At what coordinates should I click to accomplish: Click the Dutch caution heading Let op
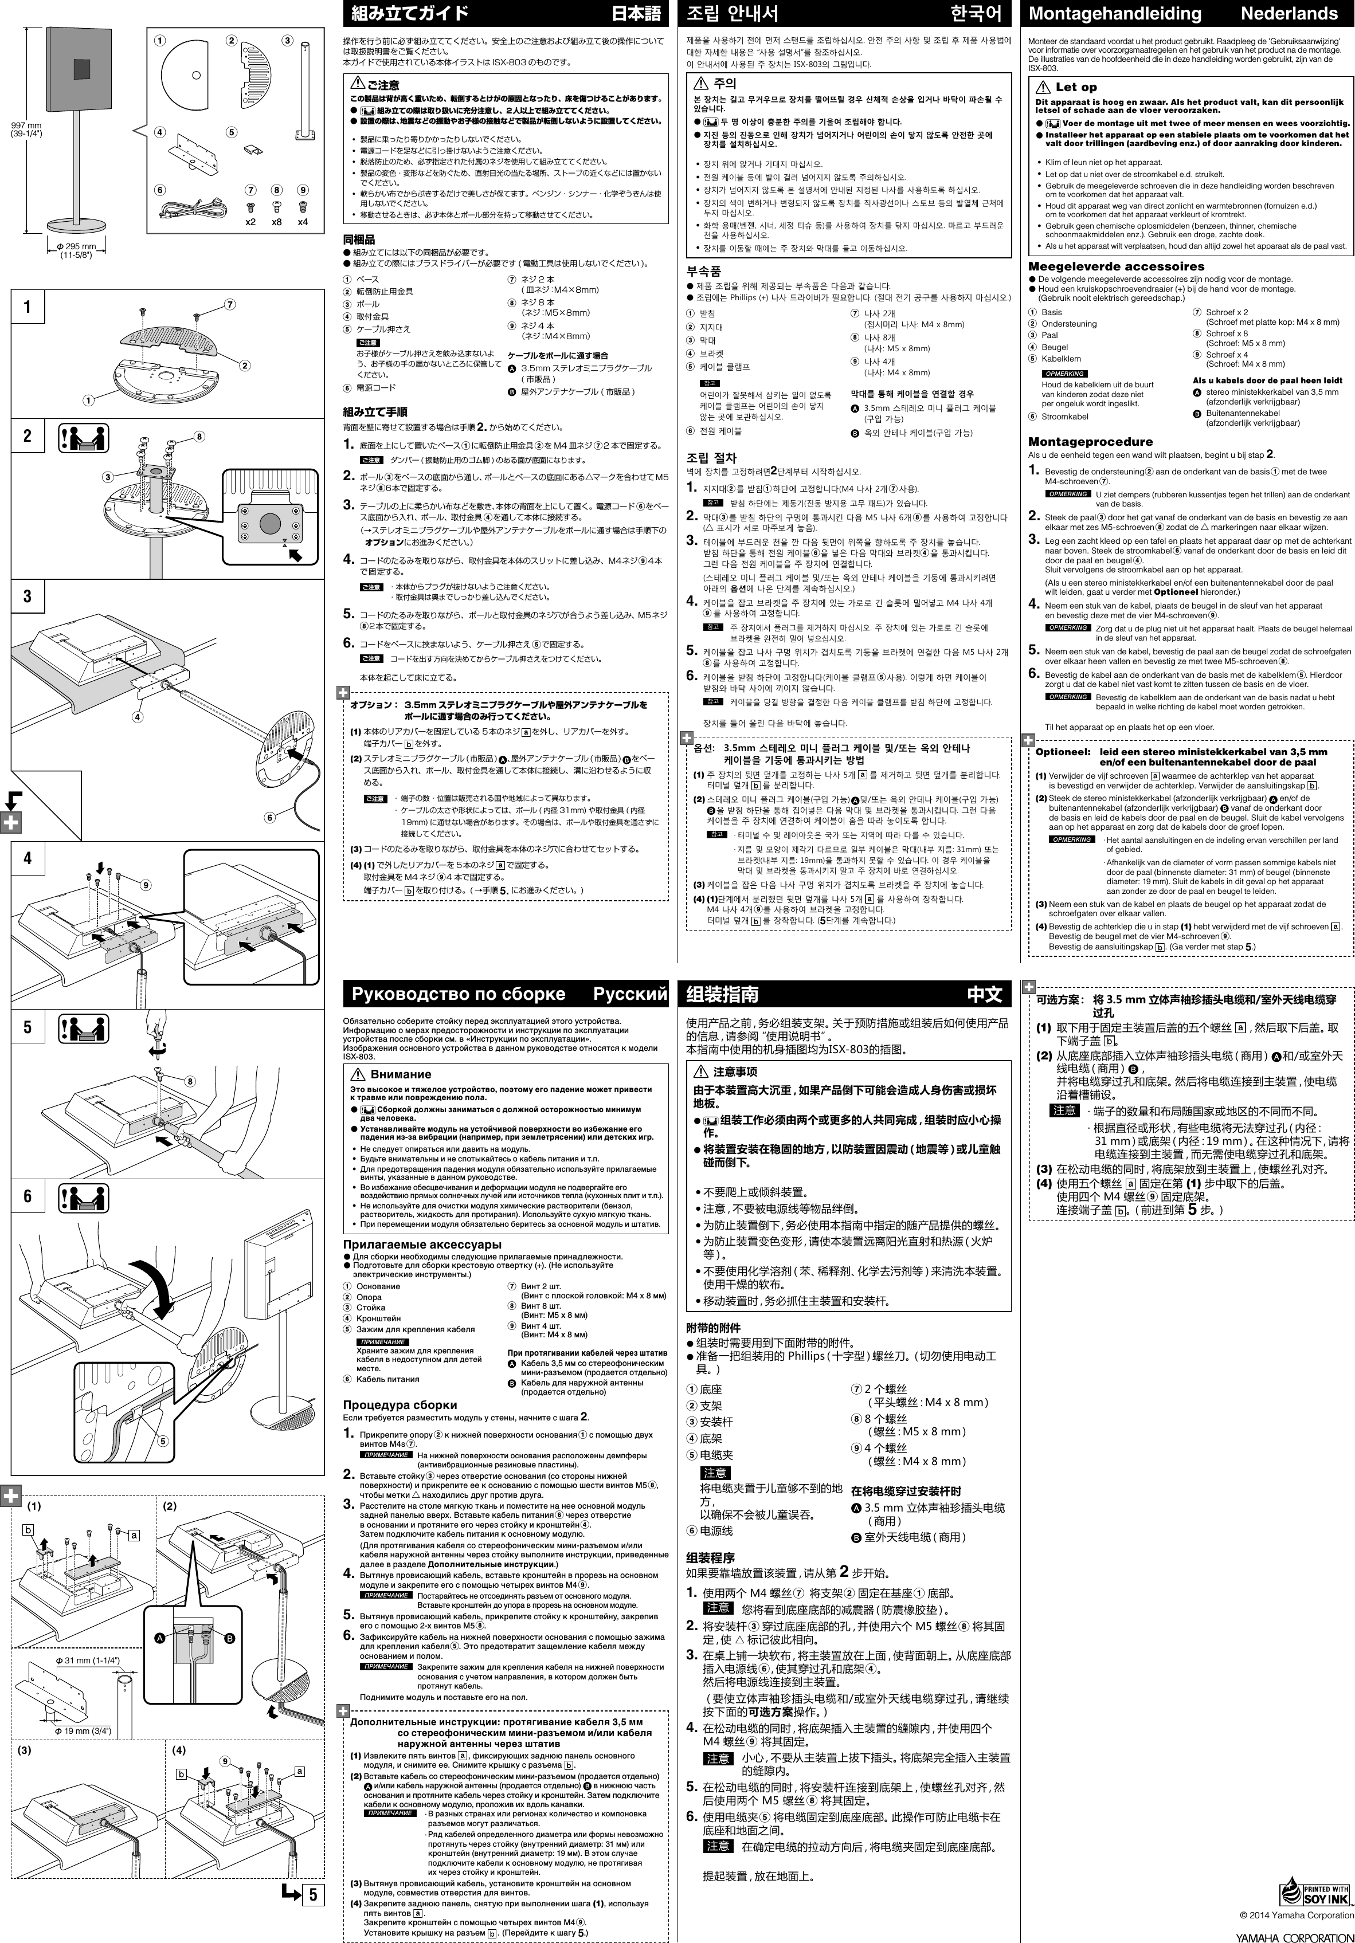(x=1075, y=87)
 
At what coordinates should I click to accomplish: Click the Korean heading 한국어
(x=975, y=14)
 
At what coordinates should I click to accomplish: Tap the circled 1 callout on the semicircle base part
(x=160, y=40)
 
